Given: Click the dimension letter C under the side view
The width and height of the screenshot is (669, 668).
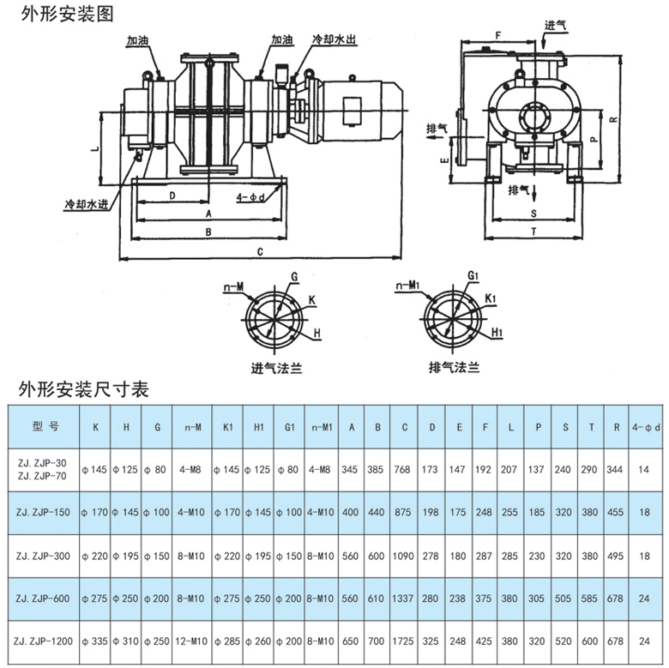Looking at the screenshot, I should [260, 250].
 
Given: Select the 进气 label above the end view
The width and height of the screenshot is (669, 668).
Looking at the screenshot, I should [555, 25].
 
